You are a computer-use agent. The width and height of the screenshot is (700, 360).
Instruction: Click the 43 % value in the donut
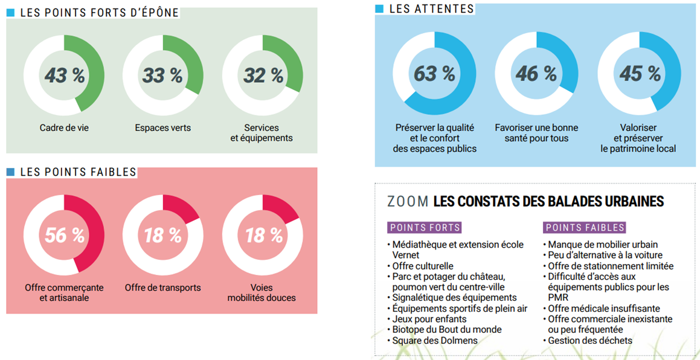pos(64,76)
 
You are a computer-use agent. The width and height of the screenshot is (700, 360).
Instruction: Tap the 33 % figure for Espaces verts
pos(162,76)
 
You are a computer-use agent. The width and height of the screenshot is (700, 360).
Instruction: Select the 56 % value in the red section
pos(64,235)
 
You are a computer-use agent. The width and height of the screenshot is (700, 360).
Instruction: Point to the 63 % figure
pos(434,74)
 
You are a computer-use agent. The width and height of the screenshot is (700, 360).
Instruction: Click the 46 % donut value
pos(536,74)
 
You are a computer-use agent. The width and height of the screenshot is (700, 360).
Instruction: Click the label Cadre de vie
pos(64,127)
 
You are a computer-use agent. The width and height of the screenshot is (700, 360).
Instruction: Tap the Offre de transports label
pos(162,288)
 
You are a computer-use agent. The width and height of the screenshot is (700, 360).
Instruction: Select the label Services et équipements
pos(262,133)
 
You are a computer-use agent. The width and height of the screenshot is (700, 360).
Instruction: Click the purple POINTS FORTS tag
pos(425,228)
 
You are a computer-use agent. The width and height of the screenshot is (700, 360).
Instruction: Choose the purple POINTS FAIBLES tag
pos(584,228)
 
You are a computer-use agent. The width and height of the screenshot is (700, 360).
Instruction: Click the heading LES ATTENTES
pos(431,8)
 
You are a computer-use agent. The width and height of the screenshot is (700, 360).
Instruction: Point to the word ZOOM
pos(408,202)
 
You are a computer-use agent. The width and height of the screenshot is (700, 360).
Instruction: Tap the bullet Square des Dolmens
pos(435,341)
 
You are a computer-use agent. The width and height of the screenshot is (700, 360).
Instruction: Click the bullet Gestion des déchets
pos(589,341)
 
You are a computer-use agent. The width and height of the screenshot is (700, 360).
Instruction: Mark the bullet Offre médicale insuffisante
pos(603,309)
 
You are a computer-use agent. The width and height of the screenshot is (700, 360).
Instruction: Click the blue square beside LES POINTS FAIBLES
pos(10,172)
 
